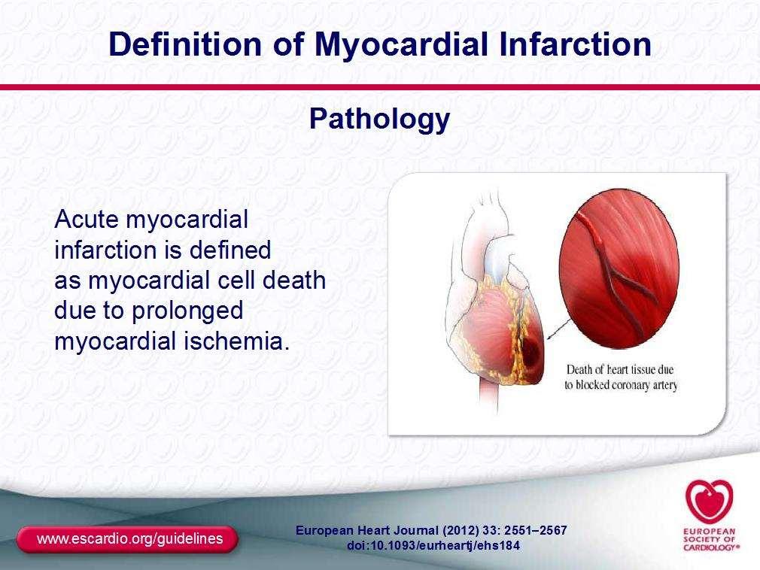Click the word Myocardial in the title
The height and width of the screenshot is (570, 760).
click(x=401, y=45)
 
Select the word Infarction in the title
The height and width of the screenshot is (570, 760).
click(x=575, y=44)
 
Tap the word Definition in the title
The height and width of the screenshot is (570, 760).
click(x=185, y=44)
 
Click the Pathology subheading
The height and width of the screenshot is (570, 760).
click(x=379, y=119)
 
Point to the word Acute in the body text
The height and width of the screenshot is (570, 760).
click(x=87, y=220)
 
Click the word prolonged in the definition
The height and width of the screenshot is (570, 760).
click(x=187, y=311)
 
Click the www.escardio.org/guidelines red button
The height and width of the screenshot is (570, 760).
click(x=127, y=539)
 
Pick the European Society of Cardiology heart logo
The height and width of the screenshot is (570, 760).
click(x=709, y=502)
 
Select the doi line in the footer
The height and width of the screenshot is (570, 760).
click(x=433, y=546)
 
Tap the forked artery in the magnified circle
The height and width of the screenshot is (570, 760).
click(x=619, y=273)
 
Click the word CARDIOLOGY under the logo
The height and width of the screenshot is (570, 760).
click(x=710, y=547)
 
